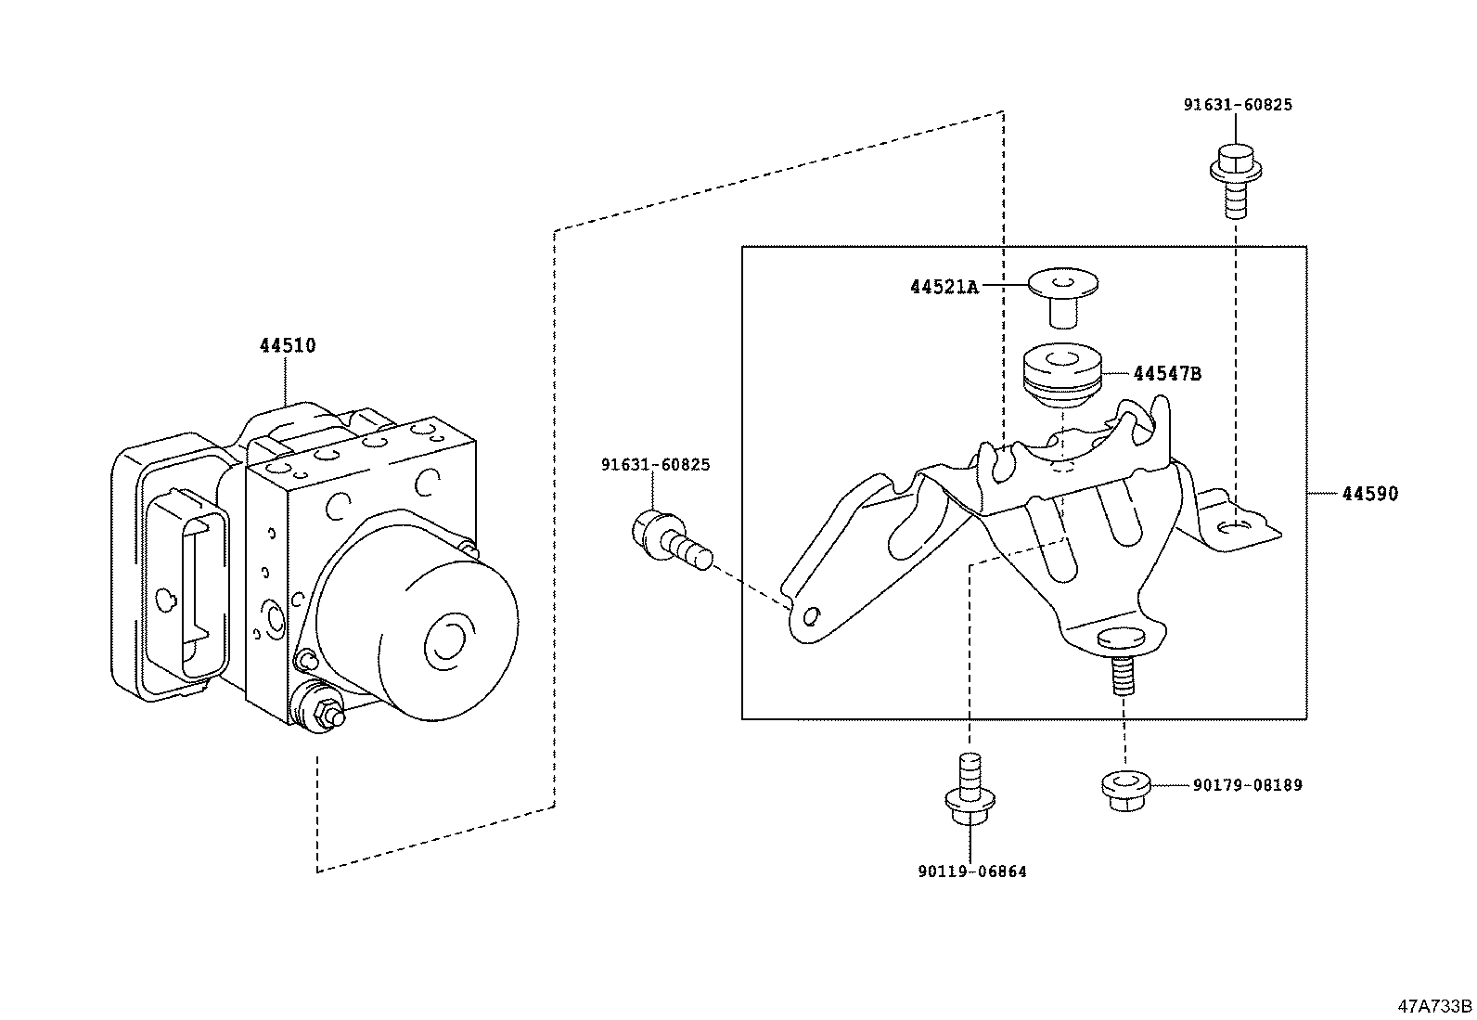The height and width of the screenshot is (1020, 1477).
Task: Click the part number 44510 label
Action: pyautogui.click(x=288, y=345)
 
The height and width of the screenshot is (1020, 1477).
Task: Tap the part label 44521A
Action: pyautogui.click(x=944, y=287)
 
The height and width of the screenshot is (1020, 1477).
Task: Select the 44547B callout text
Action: pyautogui.click(x=1167, y=374)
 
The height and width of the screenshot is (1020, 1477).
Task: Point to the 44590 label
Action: pyautogui.click(x=1370, y=494)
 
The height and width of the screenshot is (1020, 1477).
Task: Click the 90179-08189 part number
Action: pyautogui.click(x=1248, y=785)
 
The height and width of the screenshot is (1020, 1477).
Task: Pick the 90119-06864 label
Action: pyautogui.click(x=972, y=872)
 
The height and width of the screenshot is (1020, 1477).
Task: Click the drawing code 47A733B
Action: pyautogui.click(x=1435, y=1006)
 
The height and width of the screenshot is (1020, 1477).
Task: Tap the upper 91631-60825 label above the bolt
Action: pyautogui.click(x=1238, y=105)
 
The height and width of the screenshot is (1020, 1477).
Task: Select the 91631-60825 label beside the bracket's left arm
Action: pyautogui.click(x=655, y=465)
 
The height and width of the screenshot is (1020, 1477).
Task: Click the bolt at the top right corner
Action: pyautogui.click(x=1236, y=180)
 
